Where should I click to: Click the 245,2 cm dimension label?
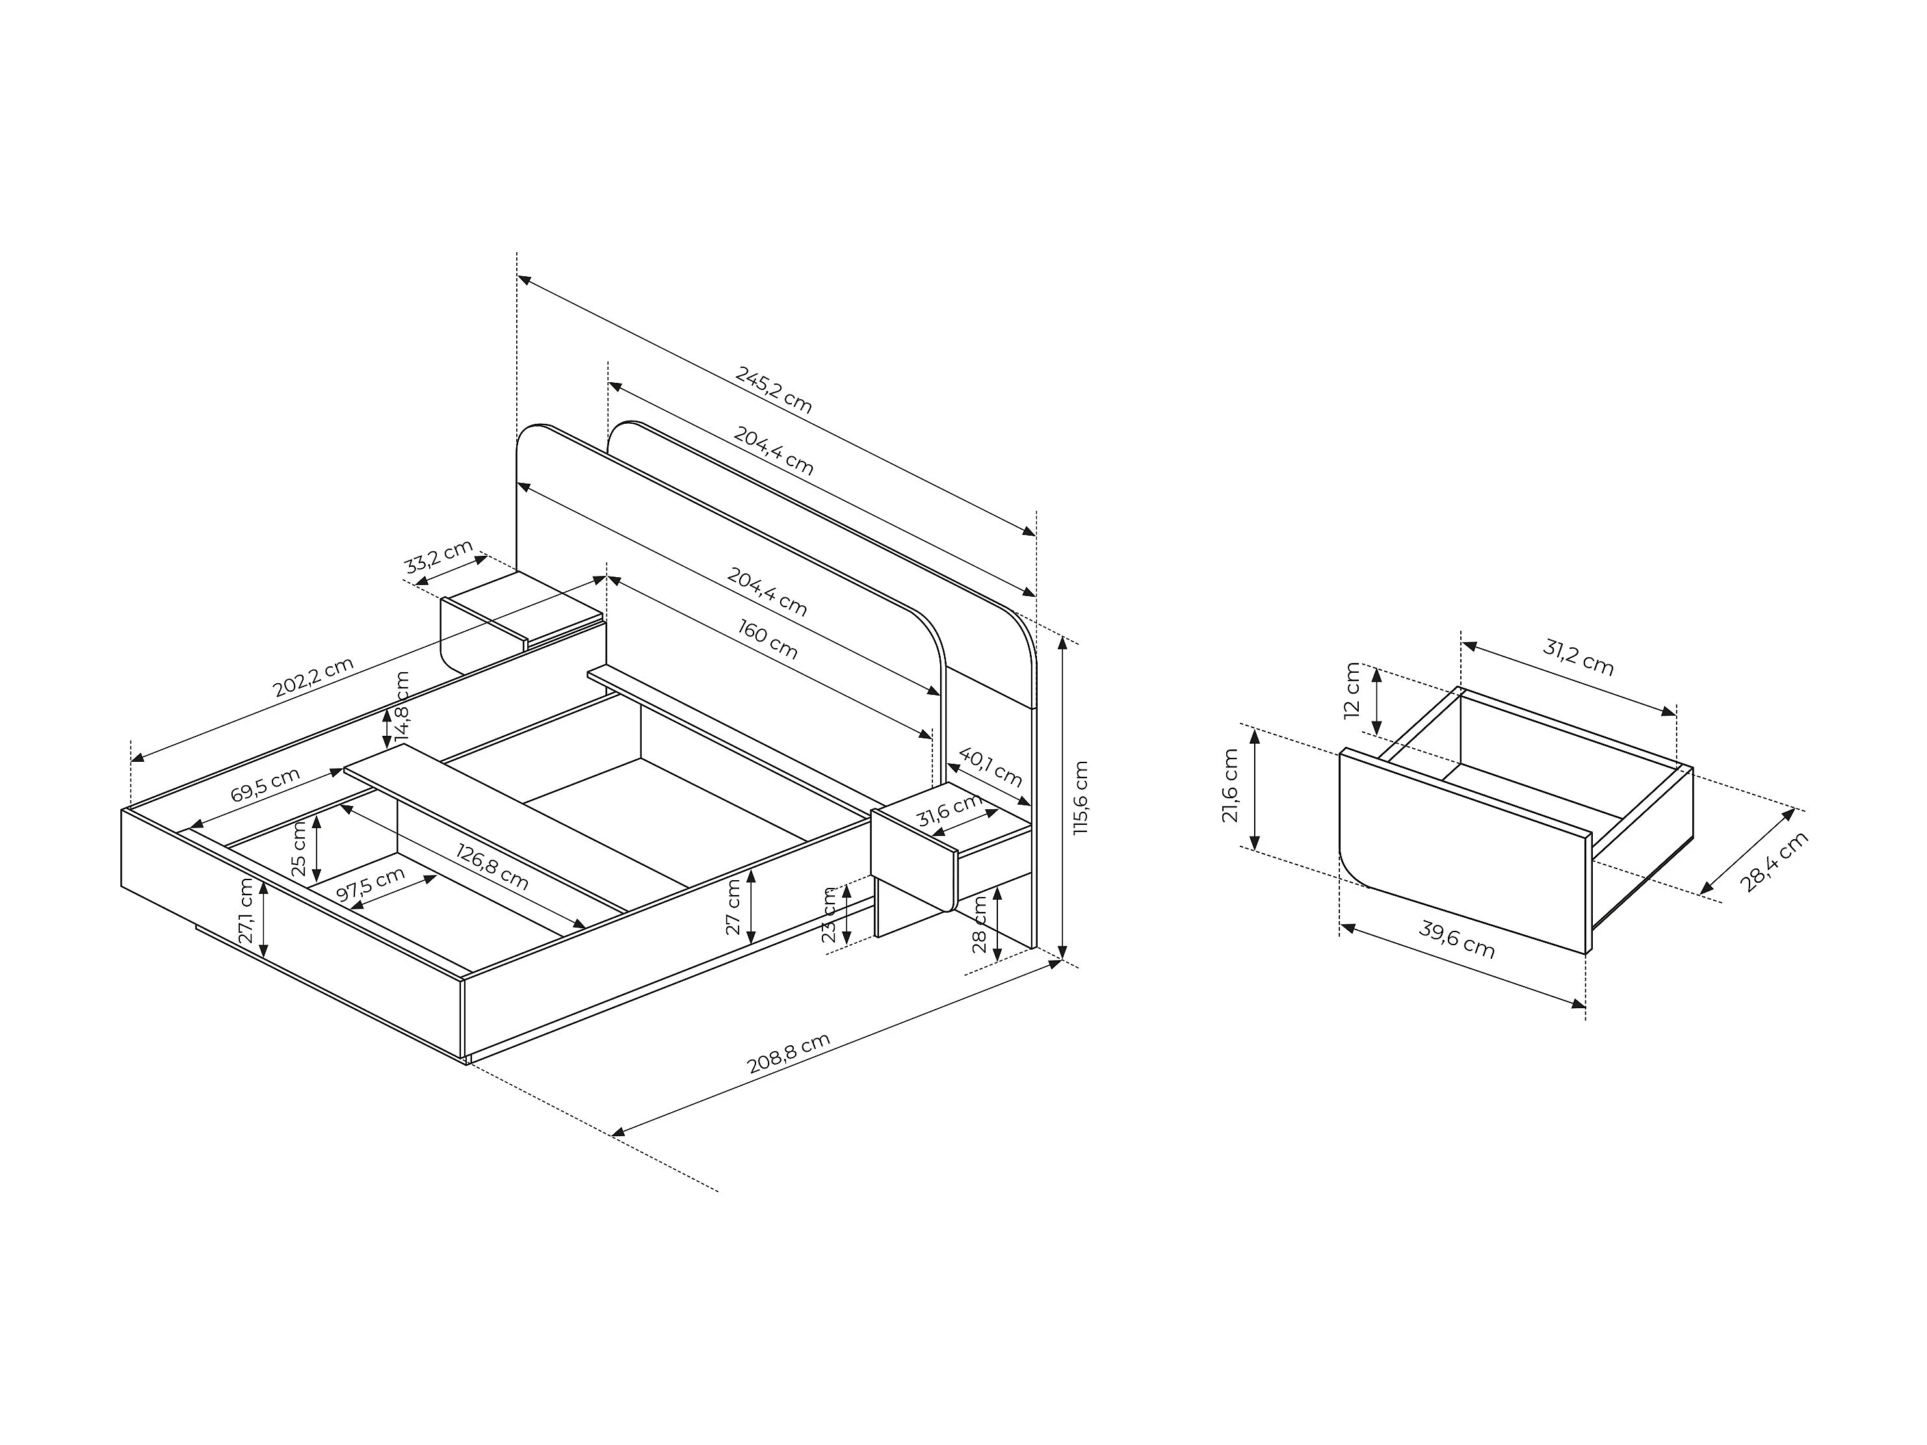[774, 389]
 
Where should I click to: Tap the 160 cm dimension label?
[768, 638]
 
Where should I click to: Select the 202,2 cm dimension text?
[313, 677]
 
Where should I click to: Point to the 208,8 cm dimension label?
[789, 1053]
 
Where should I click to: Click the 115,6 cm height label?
[1081, 798]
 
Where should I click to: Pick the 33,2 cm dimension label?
[438, 558]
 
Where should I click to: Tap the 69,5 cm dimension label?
[266, 785]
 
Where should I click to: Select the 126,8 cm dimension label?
[493, 866]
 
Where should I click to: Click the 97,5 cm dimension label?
[370, 887]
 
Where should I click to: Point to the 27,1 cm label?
[246, 912]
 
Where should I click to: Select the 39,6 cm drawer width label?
[1456, 940]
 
